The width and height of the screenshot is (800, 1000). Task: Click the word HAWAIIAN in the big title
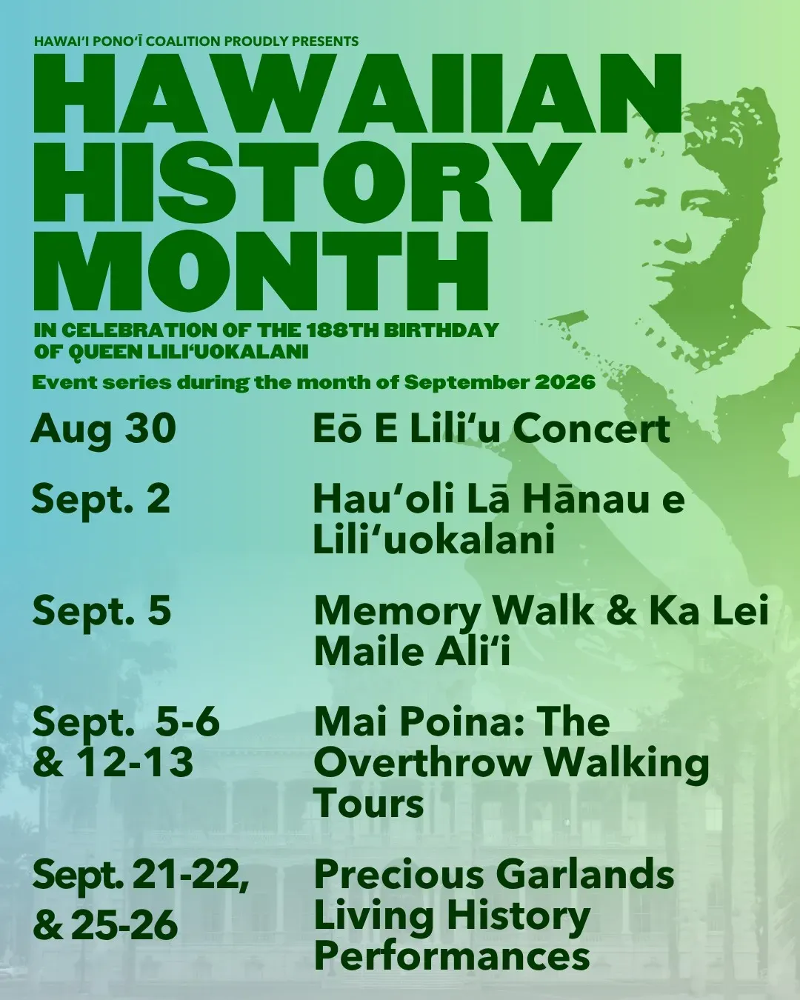(x=358, y=92)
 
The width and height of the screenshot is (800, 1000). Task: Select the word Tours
(x=369, y=804)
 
